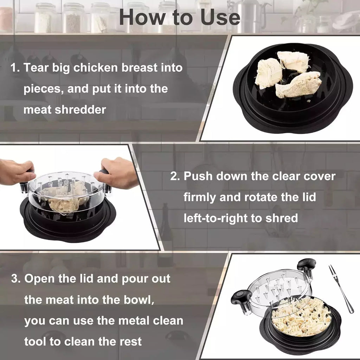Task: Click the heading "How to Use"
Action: coord(180,18)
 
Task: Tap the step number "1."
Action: coord(15,68)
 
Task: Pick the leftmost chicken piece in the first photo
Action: coord(268,73)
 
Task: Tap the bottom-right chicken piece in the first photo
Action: coord(298,85)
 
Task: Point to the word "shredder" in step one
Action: coord(80,110)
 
